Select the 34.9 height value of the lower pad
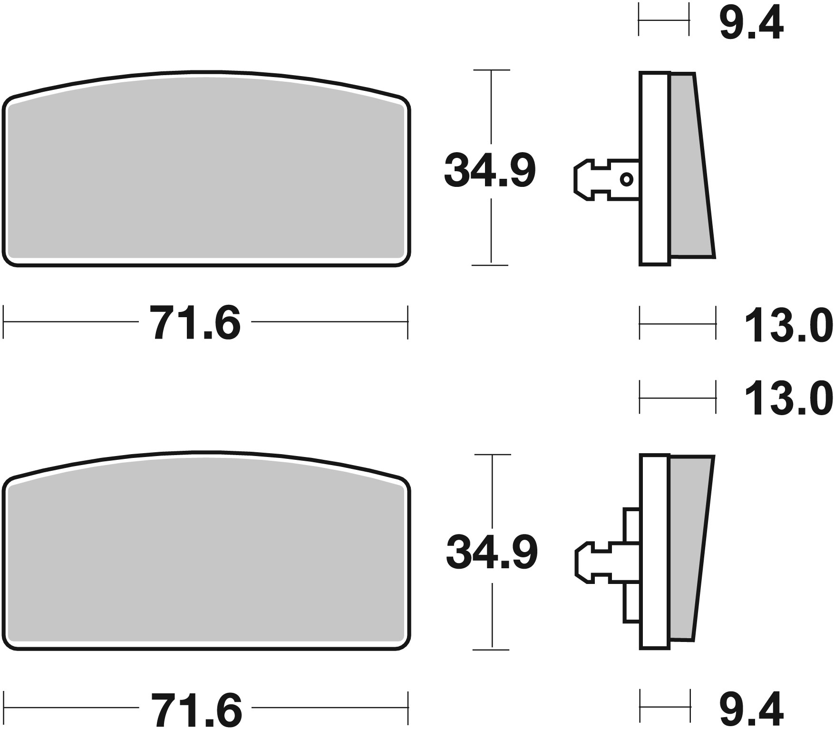492,553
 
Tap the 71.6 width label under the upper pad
195,323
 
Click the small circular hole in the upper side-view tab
627,179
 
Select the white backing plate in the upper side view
655,168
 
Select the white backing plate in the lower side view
655,552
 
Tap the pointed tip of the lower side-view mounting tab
577,563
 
